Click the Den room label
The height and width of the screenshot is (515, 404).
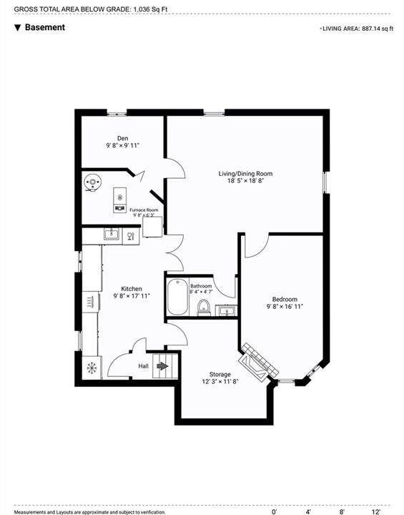(x=122, y=138)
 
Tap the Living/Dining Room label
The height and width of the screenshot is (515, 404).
(x=245, y=173)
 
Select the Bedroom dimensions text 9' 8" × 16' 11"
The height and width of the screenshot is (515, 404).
(x=285, y=306)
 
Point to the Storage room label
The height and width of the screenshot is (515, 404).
(x=220, y=374)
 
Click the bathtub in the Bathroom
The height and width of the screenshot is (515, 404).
(x=177, y=297)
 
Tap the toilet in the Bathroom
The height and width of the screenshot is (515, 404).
(x=204, y=308)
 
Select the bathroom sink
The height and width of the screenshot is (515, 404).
(x=226, y=310)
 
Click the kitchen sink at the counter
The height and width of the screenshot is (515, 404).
(x=112, y=235)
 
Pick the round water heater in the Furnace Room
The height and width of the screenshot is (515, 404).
(x=92, y=182)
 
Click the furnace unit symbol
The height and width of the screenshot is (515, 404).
(x=120, y=200)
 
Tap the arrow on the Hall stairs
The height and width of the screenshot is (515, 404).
(x=162, y=366)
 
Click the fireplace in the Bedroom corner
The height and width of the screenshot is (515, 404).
(x=258, y=362)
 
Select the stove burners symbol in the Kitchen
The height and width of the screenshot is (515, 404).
(x=90, y=302)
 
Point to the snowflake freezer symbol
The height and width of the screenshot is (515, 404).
(x=92, y=368)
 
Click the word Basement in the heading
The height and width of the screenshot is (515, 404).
(x=45, y=27)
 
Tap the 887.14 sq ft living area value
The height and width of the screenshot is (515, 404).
(x=378, y=29)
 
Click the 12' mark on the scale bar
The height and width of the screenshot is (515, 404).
(x=376, y=511)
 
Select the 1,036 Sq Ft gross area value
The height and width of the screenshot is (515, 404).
(x=150, y=9)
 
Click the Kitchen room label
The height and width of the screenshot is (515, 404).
(x=132, y=289)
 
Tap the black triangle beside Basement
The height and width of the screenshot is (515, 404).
(x=18, y=28)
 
